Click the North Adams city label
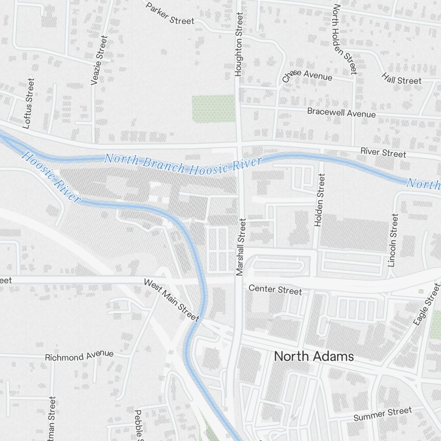(314, 356)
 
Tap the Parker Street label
(170, 14)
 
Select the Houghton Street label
(239, 44)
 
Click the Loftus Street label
(28, 104)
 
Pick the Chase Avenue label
(307, 76)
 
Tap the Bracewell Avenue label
(341, 112)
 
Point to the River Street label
(383, 153)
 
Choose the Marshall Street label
(240, 247)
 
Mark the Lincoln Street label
(392, 240)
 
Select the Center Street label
(275, 290)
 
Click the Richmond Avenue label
(79, 356)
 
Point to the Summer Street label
(382, 415)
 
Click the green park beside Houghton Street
(213, 108)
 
